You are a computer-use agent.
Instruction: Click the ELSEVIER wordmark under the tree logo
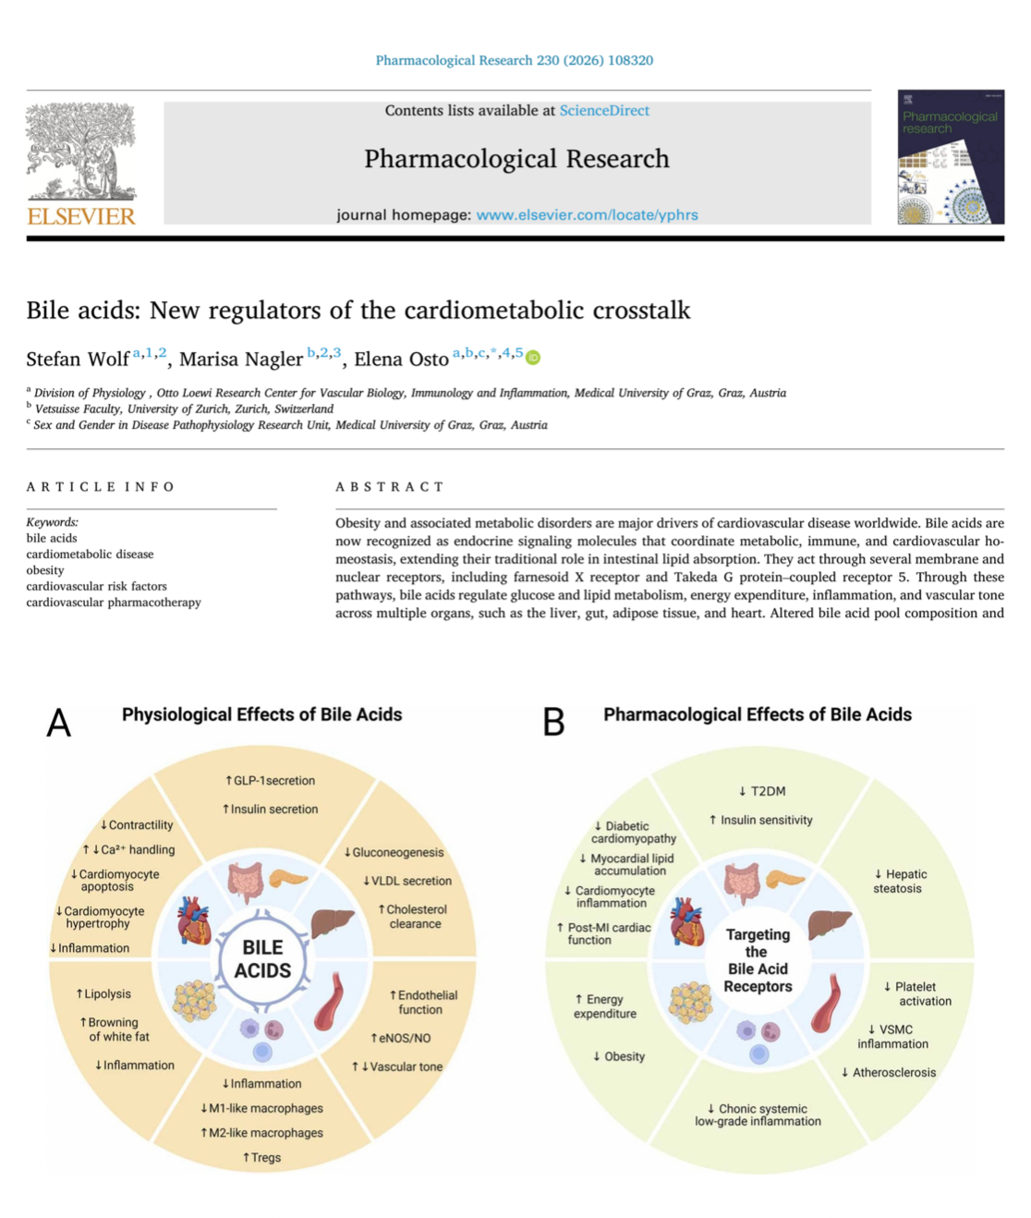coord(81,216)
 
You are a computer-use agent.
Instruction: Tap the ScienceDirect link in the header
coord(604,111)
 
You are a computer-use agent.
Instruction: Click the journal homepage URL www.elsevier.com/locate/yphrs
coord(587,214)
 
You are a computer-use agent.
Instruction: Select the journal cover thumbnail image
coord(951,157)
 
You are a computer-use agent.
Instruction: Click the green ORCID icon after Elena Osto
coord(532,357)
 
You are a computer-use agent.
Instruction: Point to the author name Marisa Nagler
coord(241,359)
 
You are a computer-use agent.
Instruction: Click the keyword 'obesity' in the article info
coord(45,570)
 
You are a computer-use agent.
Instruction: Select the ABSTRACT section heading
coord(390,487)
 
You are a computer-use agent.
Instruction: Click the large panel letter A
coord(59,723)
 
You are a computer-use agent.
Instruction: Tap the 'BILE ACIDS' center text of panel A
coord(262,958)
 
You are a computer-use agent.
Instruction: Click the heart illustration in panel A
coord(194,920)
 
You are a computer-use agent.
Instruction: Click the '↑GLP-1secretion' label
coord(270,780)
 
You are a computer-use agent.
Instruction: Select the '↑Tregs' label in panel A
coord(261,1157)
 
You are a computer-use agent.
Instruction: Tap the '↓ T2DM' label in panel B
coord(762,791)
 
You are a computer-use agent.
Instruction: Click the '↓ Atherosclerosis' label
coord(889,1073)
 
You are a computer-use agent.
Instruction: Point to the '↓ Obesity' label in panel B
coord(619,1056)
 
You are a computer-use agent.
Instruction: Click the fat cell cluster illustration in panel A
coord(194,1001)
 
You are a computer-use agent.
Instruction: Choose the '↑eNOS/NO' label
coord(401,1038)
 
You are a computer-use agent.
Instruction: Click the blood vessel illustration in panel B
coord(829,1003)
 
